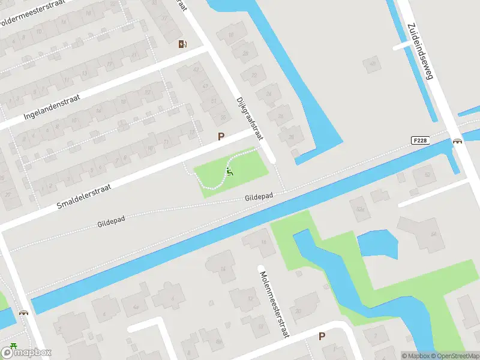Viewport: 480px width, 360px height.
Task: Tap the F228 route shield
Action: coord(420,140)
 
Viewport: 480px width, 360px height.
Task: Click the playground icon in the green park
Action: coord(229,173)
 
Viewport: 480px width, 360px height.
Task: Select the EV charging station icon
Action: coord(182,44)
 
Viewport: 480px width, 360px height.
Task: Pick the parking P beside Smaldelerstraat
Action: coord(221,137)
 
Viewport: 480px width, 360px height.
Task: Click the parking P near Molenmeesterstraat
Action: coord(322,337)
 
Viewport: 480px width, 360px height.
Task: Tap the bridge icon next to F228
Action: coord(458,141)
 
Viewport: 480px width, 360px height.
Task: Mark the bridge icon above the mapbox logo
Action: coord(23,313)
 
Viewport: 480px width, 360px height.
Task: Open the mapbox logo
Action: coord(26,353)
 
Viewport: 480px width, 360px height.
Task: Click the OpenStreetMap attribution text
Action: coord(454,356)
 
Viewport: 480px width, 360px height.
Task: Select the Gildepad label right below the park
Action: coord(259,197)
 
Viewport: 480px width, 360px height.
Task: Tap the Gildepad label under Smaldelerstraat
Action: coord(111,221)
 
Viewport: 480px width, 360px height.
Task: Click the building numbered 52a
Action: coord(360,209)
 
